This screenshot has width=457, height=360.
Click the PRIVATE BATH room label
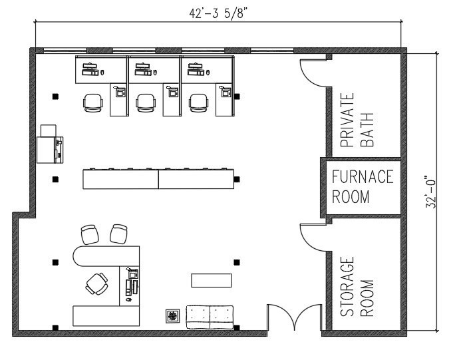tap(357, 119)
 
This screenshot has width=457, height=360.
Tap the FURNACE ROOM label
tap(363, 187)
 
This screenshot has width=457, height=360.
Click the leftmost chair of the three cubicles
tap(93, 102)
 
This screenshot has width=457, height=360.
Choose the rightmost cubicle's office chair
tap(199, 102)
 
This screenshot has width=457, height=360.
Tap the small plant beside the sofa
tap(173, 315)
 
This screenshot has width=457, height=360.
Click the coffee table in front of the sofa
tap(211, 280)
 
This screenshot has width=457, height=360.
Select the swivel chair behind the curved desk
tap(96, 283)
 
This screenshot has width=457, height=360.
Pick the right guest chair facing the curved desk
tap(119, 234)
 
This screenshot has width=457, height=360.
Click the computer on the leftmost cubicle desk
tap(90, 66)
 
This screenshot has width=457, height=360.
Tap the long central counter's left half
tap(120, 179)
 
